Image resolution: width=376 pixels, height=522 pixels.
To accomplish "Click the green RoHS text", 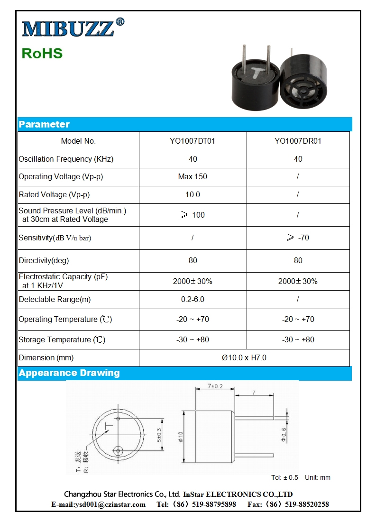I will [42, 53].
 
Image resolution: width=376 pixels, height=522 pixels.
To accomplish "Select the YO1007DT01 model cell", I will [193, 141].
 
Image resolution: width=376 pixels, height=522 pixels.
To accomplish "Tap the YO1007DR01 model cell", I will [298, 141].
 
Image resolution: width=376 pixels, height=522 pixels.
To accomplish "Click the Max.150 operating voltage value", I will [193, 177].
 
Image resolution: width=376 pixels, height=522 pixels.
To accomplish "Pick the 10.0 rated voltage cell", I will [193, 194].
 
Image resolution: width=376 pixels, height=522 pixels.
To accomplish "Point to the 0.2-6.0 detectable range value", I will [193, 299].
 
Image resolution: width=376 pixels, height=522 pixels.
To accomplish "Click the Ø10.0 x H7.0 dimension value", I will [244, 357].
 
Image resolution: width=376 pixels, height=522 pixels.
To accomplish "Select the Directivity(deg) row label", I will [44, 260].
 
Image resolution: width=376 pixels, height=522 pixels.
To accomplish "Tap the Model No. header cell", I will [78, 141].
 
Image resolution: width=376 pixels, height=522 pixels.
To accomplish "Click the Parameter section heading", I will [44, 124].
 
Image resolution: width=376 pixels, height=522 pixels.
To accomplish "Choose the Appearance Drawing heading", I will [69, 373].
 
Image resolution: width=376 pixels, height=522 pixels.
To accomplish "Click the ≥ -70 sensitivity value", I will [298, 238].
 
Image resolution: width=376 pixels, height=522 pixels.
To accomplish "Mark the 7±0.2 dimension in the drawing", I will [215, 386].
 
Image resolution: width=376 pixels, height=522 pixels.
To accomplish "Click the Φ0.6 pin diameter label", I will [284, 434].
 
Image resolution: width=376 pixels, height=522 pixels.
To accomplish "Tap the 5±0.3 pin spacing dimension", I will [159, 435].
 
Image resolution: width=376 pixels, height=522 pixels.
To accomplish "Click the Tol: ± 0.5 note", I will [284, 477].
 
